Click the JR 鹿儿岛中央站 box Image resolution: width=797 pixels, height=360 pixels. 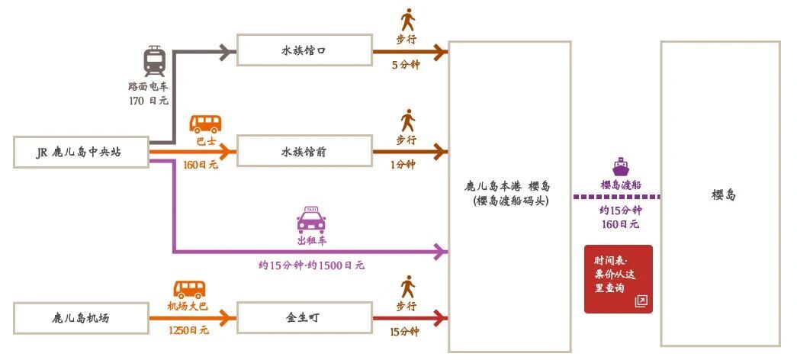tap(80, 153)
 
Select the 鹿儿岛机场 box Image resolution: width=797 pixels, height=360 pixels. tap(80, 317)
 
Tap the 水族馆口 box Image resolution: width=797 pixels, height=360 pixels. tap(304, 51)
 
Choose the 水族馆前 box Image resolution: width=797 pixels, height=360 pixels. tap(304, 153)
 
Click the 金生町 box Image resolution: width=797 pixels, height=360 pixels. tap(304, 317)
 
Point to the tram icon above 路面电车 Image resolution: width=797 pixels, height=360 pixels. tap(154, 60)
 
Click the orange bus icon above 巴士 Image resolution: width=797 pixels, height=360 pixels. tap(205, 124)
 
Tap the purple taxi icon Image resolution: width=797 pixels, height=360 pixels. tap(311, 220)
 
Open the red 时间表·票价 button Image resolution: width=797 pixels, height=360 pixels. tap(619, 278)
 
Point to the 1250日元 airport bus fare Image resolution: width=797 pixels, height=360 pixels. tap(188, 330)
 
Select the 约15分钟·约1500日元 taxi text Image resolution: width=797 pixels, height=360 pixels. tap(311, 266)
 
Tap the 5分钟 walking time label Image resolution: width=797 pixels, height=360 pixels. tap(405, 65)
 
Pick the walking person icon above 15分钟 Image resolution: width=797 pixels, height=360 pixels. tap(408, 287)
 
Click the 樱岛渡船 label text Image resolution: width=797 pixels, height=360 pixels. tap(620, 185)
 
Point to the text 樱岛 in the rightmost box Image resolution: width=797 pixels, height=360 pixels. tap(721, 195)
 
